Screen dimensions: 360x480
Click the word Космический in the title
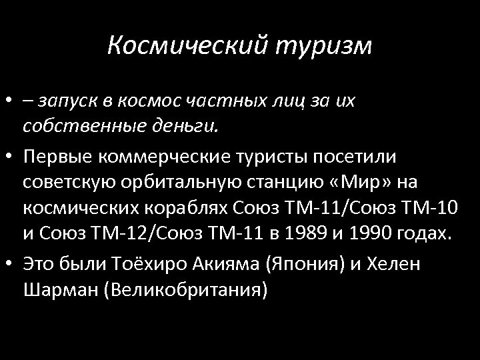click(x=188, y=46)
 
